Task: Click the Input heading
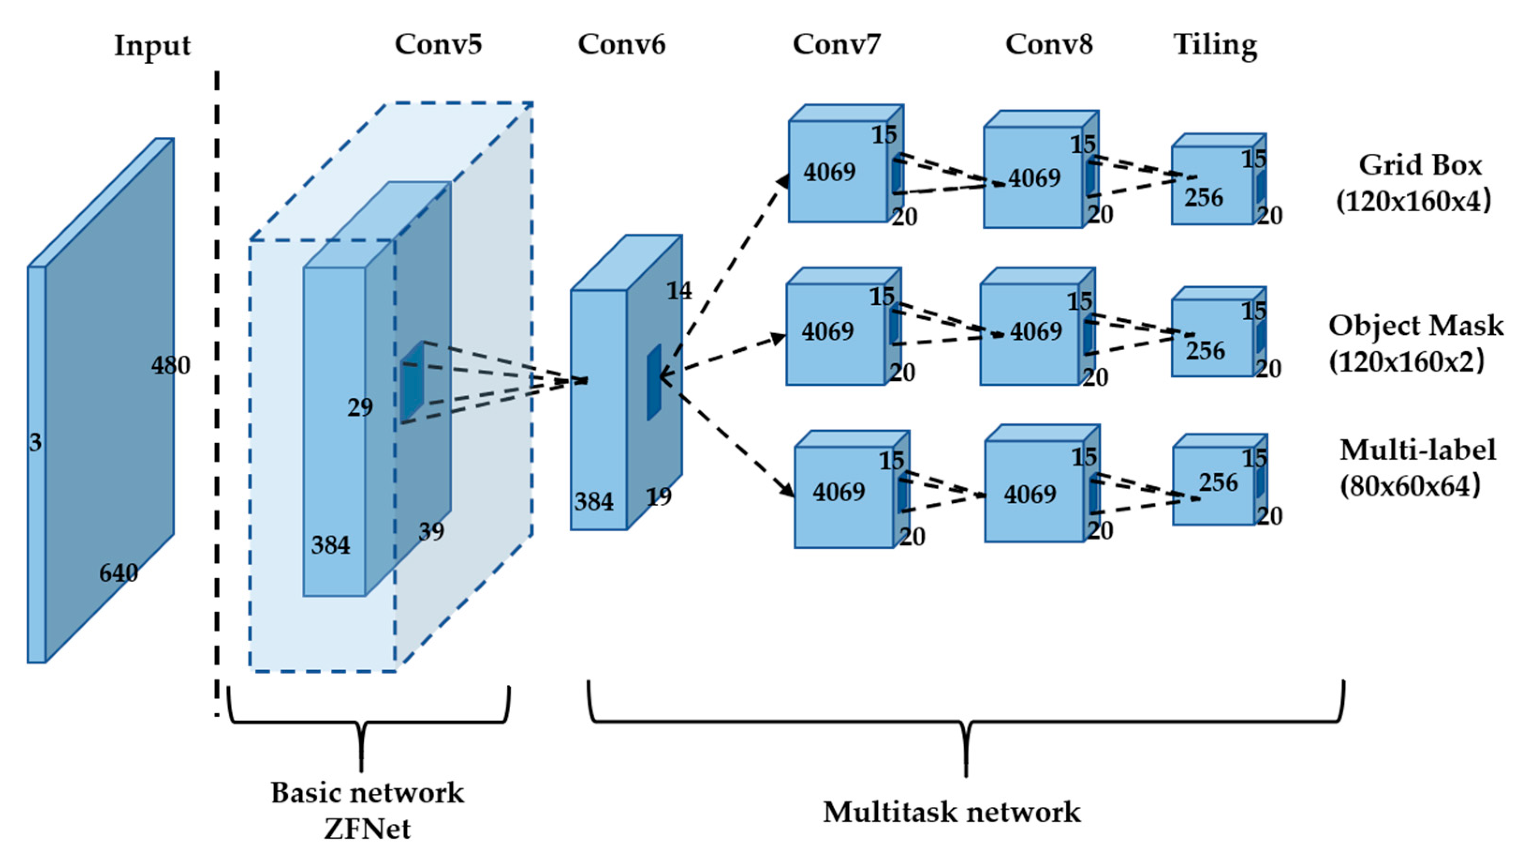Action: tap(152, 46)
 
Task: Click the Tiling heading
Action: tap(1215, 45)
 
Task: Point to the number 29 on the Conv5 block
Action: tap(360, 407)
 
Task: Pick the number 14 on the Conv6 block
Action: tap(679, 291)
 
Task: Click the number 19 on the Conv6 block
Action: tap(658, 496)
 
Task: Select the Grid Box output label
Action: tap(1420, 165)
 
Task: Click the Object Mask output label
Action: tap(1416, 326)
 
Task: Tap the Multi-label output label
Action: tap(1417, 450)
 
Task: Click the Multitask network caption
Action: tap(952, 812)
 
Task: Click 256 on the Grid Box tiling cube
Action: tap(1203, 197)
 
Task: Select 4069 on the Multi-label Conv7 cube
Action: tap(838, 492)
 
